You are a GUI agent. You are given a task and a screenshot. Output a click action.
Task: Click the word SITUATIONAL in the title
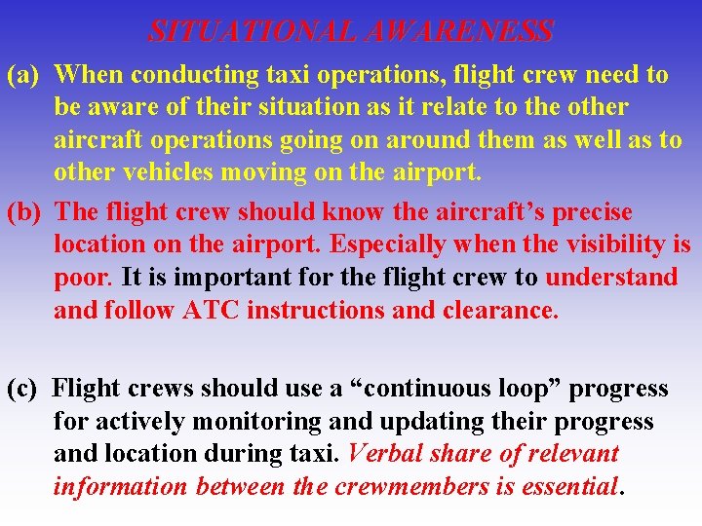click(x=253, y=31)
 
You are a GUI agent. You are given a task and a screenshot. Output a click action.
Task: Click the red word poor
click(x=83, y=278)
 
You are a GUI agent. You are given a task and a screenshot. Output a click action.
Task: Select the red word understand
click(x=611, y=278)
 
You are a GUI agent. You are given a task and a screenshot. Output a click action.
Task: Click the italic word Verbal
click(x=385, y=454)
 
